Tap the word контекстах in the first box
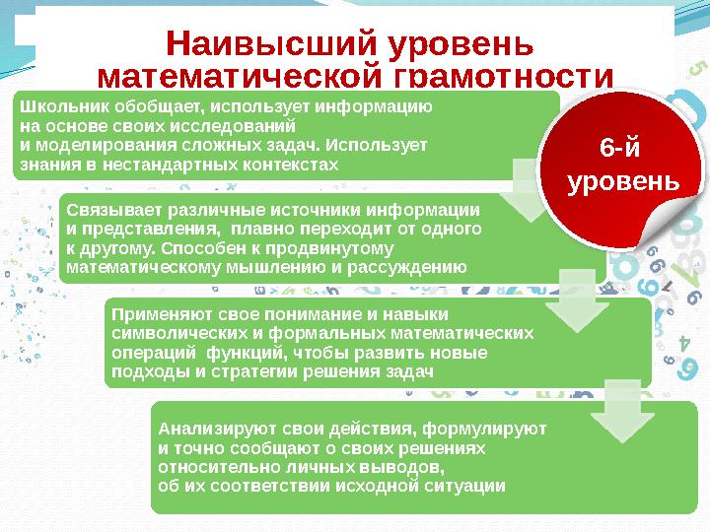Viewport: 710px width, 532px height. [x=295, y=164]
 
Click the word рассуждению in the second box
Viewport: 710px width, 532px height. [x=408, y=267]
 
